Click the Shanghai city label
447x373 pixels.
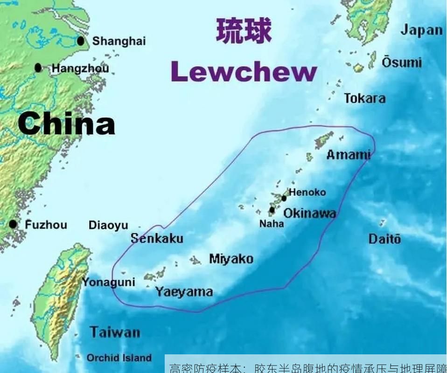[119, 41]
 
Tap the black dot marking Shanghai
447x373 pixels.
[81, 41]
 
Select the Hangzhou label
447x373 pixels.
[80, 69]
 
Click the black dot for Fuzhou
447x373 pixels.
[13, 224]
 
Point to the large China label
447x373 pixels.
[66, 124]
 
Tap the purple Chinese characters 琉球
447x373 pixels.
[244, 32]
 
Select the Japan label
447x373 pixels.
[421, 30]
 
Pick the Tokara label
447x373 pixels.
[365, 98]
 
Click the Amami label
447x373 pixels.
[348, 154]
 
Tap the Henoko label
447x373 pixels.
[307, 192]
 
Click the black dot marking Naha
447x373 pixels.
[272, 210]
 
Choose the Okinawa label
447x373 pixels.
[309, 213]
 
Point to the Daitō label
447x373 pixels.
[384, 239]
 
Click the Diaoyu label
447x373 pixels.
[108, 226]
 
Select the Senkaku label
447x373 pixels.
[157, 239]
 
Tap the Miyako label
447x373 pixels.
[231, 259]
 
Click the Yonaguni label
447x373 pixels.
[108, 282]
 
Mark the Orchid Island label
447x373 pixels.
[119, 358]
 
